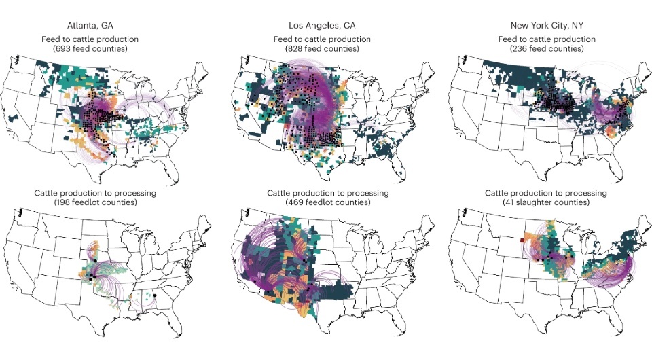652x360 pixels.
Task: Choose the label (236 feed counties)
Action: point(551,50)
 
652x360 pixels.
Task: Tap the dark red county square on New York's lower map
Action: point(522,239)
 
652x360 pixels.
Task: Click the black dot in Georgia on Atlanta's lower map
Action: point(156,296)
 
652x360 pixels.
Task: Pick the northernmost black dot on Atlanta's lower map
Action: point(95,261)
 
